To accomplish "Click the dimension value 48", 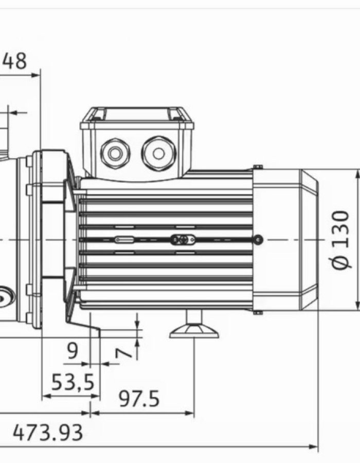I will click(x=15, y=61).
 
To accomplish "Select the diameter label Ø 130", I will click(x=340, y=240).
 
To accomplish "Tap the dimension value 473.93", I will click(x=47, y=433).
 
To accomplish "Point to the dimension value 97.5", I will click(x=139, y=399).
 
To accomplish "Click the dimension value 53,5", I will click(x=73, y=382).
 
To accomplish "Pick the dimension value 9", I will click(x=73, y=351).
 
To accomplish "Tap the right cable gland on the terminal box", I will click(x=158, y=153).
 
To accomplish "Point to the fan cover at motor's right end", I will click(x=285, y=240).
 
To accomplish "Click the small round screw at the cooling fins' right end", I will click(x=258, y=239).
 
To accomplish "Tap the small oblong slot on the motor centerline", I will click(x=124, y=240).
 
